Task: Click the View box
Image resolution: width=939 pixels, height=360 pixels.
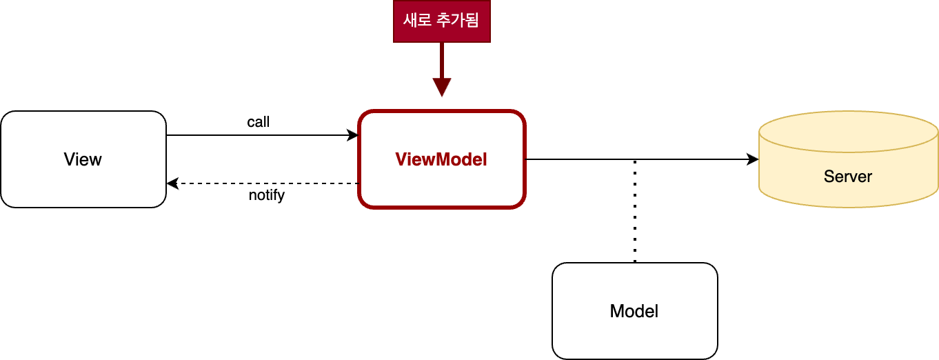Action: pos(83,159)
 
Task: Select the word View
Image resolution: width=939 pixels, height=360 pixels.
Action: pos(83,159)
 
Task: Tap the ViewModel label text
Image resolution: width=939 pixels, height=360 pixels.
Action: pos(441,159)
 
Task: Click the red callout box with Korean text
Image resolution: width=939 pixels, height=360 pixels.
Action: pos(441,21)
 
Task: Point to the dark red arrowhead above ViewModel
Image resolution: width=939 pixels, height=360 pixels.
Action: pos(442,87)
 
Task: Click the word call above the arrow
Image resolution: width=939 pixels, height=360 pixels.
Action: pos(259,122)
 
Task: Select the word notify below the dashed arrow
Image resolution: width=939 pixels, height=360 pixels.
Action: pos(267,195)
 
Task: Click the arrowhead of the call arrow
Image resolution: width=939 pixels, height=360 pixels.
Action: pos(352,135)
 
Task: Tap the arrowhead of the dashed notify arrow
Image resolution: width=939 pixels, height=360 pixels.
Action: pos(173,183)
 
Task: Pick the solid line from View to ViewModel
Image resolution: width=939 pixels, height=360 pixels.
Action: pos(263,135)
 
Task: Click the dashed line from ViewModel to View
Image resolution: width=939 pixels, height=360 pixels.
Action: pos(263,183)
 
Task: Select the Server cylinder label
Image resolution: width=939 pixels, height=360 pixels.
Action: pos(847,177)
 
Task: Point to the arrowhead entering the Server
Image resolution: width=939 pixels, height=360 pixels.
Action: pos(753,159)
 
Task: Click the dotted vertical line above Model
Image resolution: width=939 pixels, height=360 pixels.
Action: pos(635,211)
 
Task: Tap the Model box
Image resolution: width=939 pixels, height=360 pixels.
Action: pos(635,311)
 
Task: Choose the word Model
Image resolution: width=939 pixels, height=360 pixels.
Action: pos(634,311)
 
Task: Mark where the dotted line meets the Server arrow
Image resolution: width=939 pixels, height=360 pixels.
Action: pos(635,159)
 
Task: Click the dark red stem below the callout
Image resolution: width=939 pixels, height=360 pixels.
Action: pos(442,61)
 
